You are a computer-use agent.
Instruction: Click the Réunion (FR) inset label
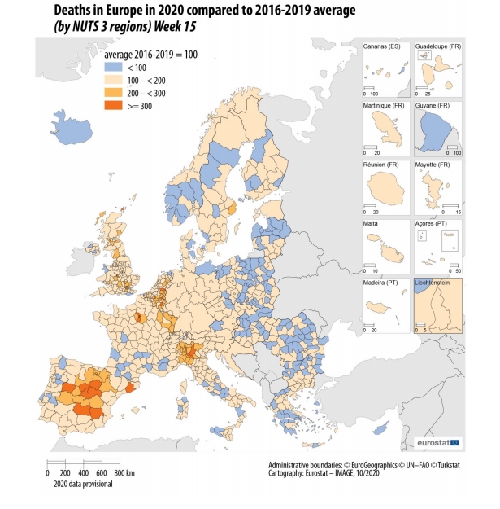tap(384, 165)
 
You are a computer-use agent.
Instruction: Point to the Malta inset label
tap(374, 223)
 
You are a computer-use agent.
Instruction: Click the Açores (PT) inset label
tap(432, 223)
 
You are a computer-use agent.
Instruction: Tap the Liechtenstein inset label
tap(435, 282)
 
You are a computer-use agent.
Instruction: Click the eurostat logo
tap(437, 442)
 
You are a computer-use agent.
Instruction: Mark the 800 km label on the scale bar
tap(124, 473)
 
